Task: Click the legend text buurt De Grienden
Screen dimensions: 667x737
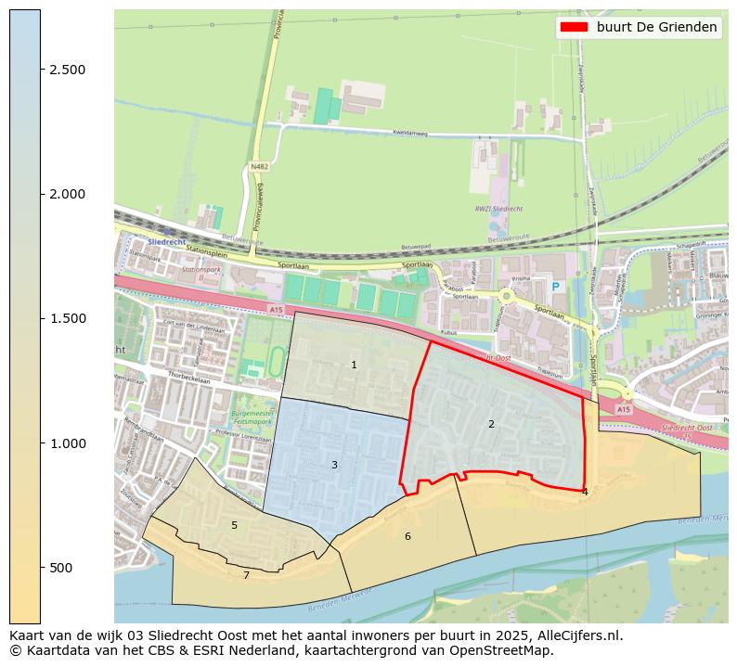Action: coord(656,27)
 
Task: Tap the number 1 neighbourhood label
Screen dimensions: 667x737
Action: coord(354,365)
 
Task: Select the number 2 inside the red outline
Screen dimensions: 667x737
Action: coord(491,424)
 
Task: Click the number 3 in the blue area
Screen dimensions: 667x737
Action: coord(334,465)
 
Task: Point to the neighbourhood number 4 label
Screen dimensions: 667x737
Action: coord(585,492)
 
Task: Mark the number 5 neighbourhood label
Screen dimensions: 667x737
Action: coord(234,525)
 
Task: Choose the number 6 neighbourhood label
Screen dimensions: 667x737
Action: coord(407,536)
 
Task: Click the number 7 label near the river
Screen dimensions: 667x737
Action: coord(246,575)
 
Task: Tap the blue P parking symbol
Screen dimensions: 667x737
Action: coord(556,288)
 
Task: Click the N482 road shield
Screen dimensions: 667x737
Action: coord(259,167)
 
